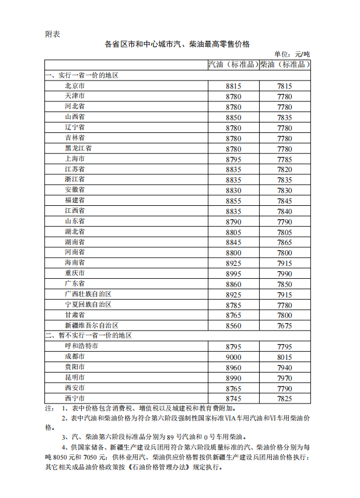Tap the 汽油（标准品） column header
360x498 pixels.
(233, 65)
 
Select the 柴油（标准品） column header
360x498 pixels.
(285, 65)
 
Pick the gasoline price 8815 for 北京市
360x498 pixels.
(233, 86)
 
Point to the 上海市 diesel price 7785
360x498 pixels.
(285, 159)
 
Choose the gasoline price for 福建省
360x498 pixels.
(233, 200)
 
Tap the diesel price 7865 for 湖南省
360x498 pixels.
(285, 242)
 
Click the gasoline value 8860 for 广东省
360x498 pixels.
(233, 283)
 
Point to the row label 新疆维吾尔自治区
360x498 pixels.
(92, 325)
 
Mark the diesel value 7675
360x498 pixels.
(285, 325)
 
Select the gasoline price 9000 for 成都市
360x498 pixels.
(233, 356)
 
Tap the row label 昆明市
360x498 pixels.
(75, 377)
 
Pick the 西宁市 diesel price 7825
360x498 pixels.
(285, 398)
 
